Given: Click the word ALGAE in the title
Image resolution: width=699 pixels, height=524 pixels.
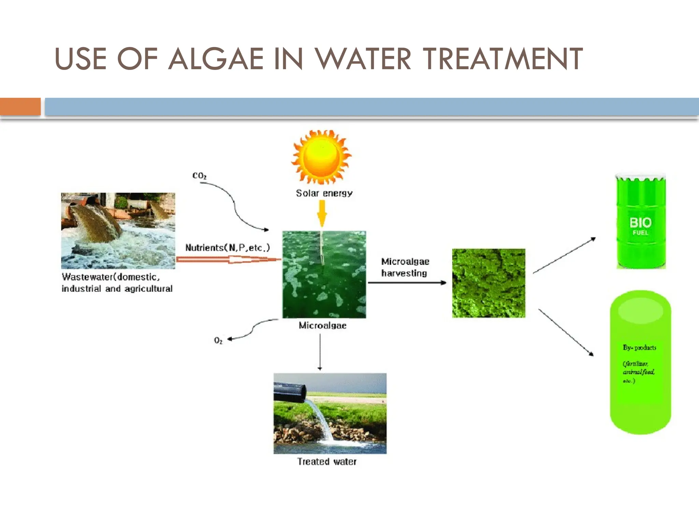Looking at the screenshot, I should point(216,59).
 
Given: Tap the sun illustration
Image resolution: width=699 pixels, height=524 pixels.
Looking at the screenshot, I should point(321,157).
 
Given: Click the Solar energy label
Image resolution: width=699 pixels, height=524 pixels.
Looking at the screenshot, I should point(324,193).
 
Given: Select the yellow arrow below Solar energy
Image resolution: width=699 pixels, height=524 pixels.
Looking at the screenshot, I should point(322,213).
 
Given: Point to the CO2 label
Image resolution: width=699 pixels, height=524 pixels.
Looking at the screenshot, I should point(199,176).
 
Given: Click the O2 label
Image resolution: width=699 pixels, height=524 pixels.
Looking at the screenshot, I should point(218,340).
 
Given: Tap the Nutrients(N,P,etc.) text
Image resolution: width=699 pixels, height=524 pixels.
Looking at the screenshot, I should point(227,248).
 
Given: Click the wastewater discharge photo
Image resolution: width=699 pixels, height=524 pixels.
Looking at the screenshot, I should point(118,231).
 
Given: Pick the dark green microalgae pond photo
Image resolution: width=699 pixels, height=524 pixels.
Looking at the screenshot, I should point(324,275).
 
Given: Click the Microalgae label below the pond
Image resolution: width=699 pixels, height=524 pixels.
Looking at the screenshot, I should point(323,325).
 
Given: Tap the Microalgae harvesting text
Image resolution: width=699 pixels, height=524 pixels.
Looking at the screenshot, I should point(405,267).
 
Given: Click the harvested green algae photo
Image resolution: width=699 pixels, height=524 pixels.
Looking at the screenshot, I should point(488,283).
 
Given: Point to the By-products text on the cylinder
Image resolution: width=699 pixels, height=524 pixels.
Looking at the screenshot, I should point(639,348).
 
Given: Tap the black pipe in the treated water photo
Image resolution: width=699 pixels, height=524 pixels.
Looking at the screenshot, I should point(290,392).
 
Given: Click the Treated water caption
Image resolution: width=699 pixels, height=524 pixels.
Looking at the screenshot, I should point(327,462).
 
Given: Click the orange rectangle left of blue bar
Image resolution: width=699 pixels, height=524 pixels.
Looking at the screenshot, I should point(20,106).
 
